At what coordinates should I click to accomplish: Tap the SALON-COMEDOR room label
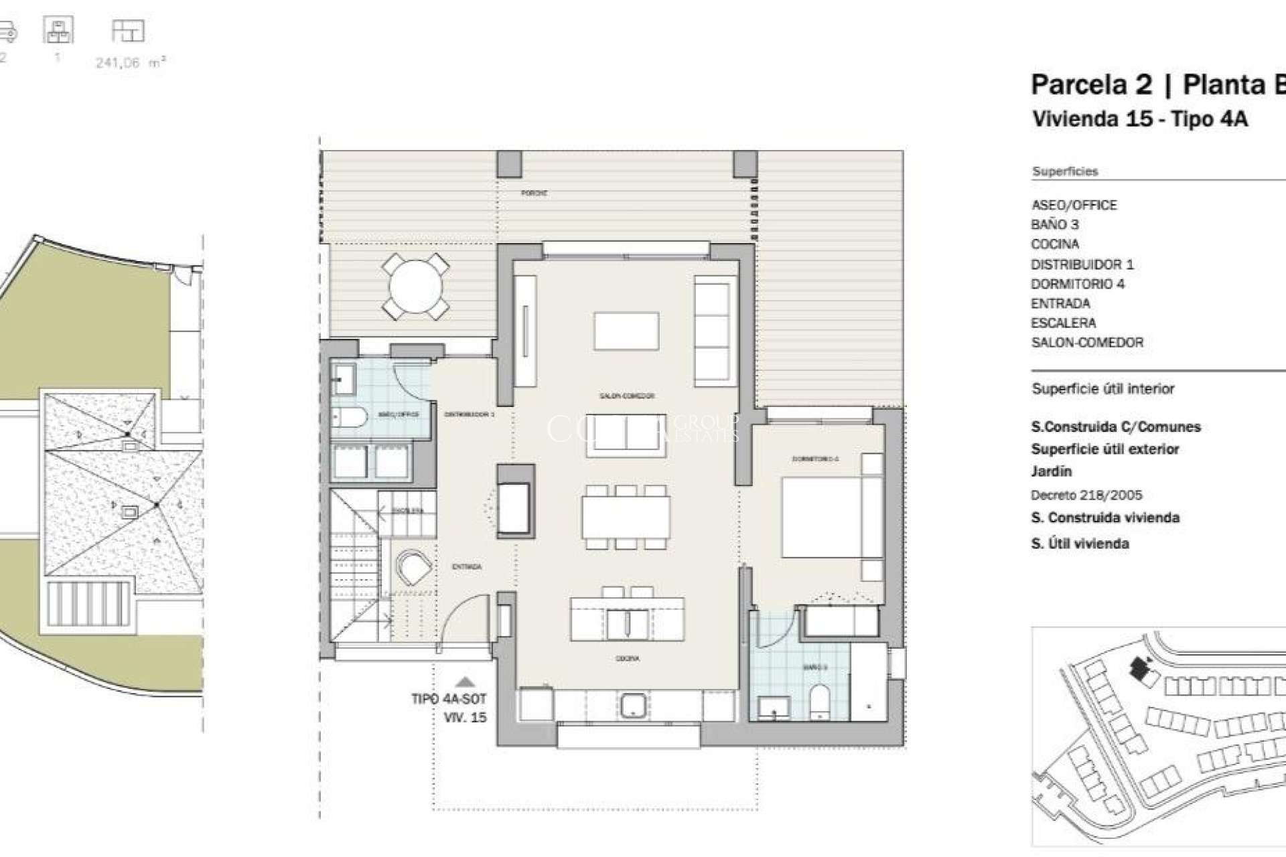click(626, 396)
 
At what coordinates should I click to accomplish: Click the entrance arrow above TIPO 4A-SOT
click(466, 682)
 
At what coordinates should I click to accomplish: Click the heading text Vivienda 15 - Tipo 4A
click(1139, 119)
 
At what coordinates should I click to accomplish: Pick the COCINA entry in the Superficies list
click(1054, 244)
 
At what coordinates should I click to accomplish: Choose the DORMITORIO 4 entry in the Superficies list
click(1077, 284)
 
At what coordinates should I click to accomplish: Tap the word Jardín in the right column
click(1051, 471)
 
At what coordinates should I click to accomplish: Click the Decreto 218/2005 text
click(1086, 495)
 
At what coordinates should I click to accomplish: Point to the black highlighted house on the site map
click(1138, 666)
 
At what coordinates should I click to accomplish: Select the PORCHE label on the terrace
click(534, 193)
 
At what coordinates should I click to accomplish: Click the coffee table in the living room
click(626, 331)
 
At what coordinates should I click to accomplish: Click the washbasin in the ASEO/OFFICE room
click(344, 380)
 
